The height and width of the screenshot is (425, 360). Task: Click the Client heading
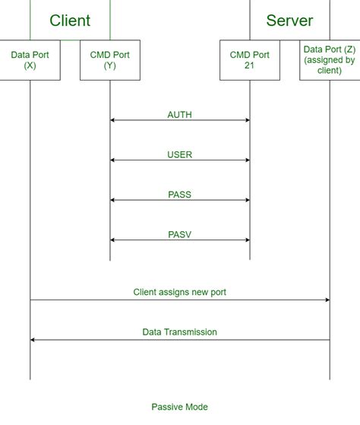click(x=70, y=21)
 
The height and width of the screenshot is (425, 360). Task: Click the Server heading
click(x=289, y=21)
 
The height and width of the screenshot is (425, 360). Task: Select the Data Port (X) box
click(x=30, y=60)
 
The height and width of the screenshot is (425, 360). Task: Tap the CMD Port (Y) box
click(x=109, y=60)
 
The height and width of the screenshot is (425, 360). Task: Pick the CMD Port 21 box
click(x=250, y=60)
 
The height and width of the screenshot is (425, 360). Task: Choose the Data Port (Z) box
click(x=330, y=60)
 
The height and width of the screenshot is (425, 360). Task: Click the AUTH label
click(x=179, y=115)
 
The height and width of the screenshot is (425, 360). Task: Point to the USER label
click(x=179, y=155)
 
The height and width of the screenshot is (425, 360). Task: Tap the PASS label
click(x=179, y=195)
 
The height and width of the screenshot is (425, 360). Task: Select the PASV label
click(x=179, y=235)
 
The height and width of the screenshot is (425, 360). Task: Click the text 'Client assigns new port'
click(x=179, y=292)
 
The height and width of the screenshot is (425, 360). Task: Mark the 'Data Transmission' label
click(x=179, y=332)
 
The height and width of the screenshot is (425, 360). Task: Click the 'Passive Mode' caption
click(x=179, y=407)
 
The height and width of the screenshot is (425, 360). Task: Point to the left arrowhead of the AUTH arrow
click(x=112, y=120)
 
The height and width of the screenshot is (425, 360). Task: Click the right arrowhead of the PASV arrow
click(x=247, y=240)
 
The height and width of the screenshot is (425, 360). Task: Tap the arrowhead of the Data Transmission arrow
click(x=33, y=340)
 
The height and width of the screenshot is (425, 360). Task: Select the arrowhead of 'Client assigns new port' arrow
click(x=327, y=300)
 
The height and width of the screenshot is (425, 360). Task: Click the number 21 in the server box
click(x=250, y=65)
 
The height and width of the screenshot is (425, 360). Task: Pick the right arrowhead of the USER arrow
click(x=247, y=160)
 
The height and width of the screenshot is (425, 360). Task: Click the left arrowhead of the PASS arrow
click(x=112, y=200)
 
